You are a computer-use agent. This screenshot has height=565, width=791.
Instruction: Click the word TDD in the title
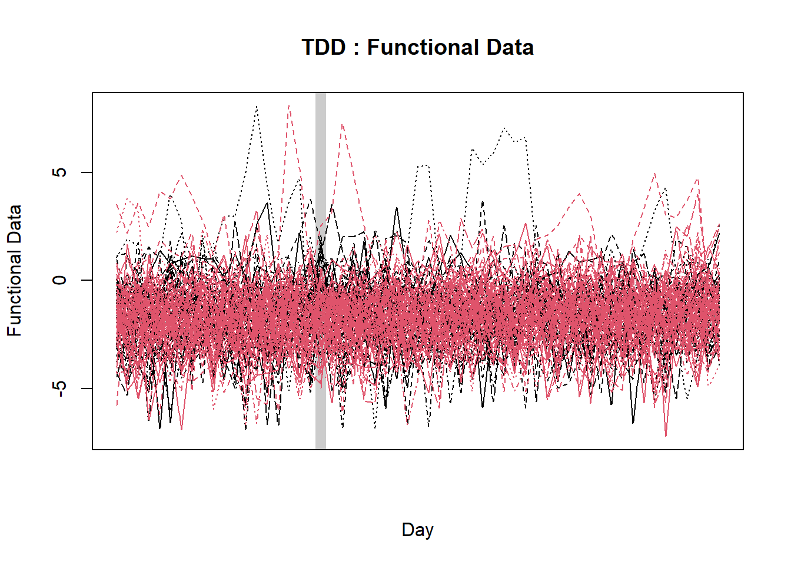323,48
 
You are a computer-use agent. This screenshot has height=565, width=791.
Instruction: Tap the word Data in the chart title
510,48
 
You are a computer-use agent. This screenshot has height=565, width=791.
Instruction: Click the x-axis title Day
417,530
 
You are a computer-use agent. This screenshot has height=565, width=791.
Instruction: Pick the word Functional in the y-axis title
14,294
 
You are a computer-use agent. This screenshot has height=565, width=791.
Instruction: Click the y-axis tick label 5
59,172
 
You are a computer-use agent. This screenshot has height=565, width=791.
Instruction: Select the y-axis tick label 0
59,280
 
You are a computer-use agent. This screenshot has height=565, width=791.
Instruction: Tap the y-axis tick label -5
59,388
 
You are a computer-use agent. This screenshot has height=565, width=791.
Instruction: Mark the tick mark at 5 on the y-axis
87,172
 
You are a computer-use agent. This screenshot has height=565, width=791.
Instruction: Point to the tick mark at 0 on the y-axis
87,280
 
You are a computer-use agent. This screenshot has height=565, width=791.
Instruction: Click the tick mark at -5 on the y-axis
87,388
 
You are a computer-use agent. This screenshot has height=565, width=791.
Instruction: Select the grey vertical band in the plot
321,271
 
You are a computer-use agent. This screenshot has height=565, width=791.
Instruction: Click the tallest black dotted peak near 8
257,107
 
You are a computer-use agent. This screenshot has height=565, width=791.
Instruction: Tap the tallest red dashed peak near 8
289,106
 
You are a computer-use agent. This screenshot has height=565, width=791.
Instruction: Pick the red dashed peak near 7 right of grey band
342,125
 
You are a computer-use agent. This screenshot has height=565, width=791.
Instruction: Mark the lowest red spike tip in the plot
666,436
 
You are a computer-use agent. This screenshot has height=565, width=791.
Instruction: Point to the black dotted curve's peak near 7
504,128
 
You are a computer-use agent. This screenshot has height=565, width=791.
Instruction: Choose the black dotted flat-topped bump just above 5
423,166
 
